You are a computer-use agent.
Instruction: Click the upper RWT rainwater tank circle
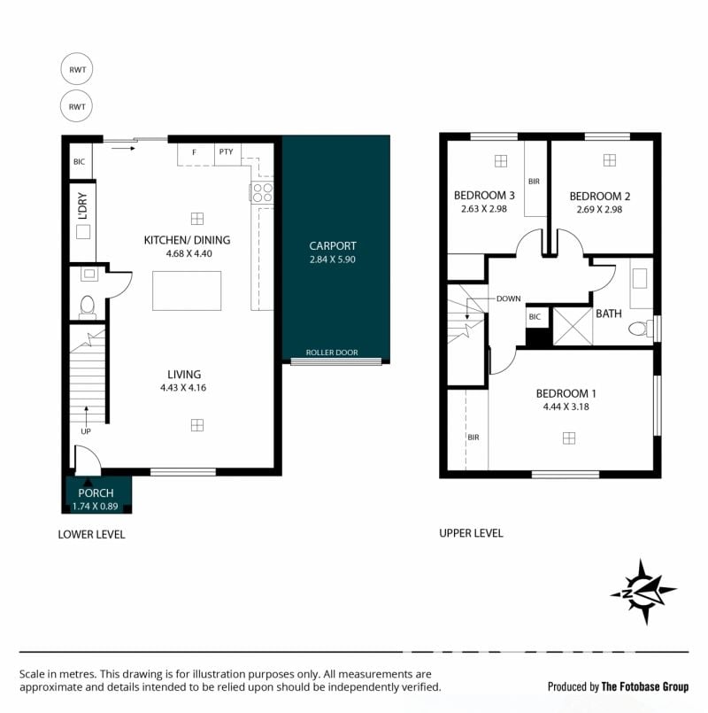[x=77, y=69]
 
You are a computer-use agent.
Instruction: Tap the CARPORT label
[x=333, y=246]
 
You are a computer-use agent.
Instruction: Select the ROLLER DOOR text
[x=332, y=353]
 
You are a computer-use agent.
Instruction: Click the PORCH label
[x=96, y=493]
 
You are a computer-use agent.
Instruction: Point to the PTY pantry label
[x=226, y=151]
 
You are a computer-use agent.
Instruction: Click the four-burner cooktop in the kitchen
[x=262, y=192]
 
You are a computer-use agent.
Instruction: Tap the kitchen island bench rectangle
[x=187, y=291]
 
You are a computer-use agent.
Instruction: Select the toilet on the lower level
[x=87, y=307]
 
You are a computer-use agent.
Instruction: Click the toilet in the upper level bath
[x=642, y=329]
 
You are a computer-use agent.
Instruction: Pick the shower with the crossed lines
[x=573, y=326]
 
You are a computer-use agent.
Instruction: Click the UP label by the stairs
[x=86, y=431]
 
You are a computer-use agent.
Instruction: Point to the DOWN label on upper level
[x=509, y=298]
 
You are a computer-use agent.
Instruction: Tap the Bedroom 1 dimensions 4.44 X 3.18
[x=566, y=407]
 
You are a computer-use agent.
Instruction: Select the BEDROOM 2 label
[x=600, y=197]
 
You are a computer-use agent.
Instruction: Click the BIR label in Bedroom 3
[x=534, y=182]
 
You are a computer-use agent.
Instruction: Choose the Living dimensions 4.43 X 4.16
[x=183, y=388]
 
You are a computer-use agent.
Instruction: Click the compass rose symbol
[x=643, y=592]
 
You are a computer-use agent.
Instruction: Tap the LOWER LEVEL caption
[x=91, y=535]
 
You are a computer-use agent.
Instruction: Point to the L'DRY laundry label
[x=82, y=206]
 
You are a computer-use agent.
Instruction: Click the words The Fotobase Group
[x=645, y=686]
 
